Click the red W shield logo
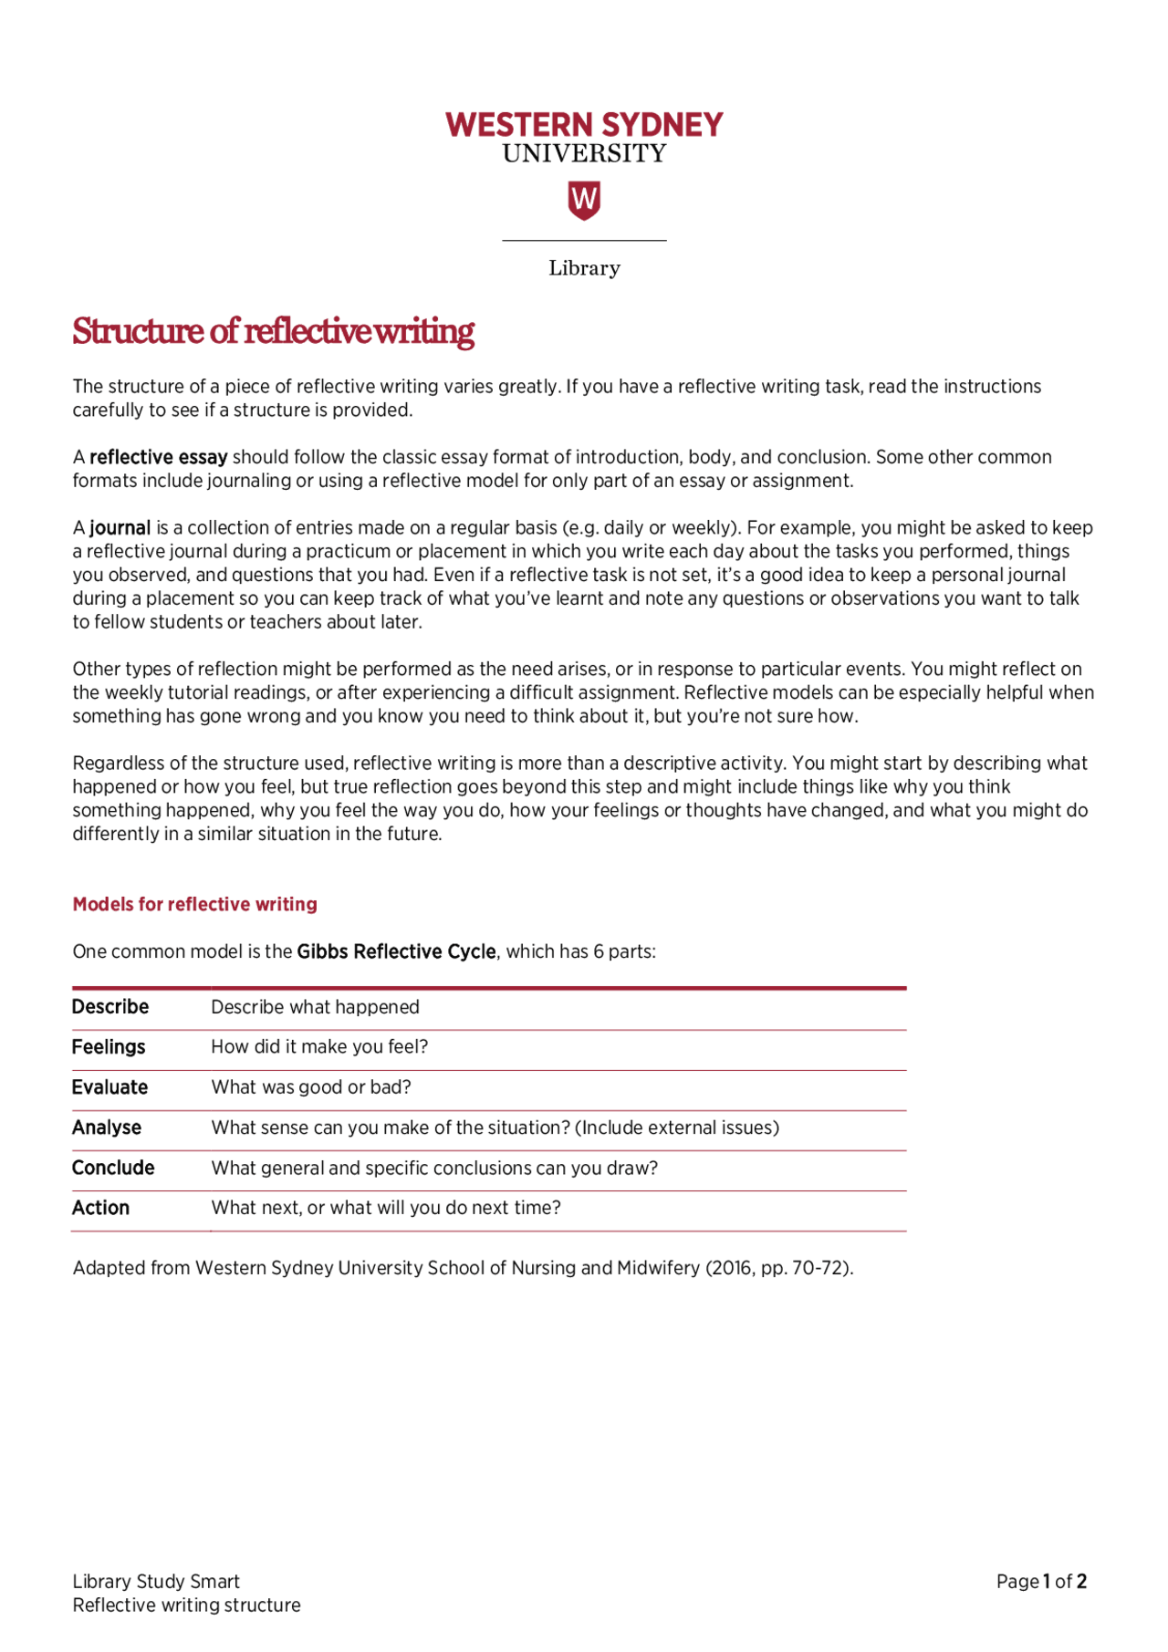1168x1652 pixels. point(584,200)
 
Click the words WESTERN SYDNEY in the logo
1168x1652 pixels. point(584,125)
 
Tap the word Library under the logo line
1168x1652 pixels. point(584,268)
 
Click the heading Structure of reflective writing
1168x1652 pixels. point(273,331)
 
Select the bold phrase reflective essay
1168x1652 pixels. point(158,457)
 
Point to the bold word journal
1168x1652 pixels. point(120,528)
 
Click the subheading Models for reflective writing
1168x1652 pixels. point(195,904)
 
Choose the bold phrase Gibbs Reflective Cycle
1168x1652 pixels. point(396,951)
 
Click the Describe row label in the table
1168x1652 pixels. point(110,1007)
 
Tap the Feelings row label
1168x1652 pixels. point(109,1047)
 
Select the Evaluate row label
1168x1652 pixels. point(109,1087)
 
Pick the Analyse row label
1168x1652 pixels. point(107,1127)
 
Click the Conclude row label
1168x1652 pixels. point(113,1168)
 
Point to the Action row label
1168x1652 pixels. point(100,1208)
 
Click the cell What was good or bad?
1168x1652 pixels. point(311,1087)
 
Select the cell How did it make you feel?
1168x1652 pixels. point(319,1047)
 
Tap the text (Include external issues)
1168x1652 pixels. point(676,1127)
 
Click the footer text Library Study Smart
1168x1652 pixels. point(156,1582)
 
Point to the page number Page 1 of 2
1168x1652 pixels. point(1041,1582)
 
